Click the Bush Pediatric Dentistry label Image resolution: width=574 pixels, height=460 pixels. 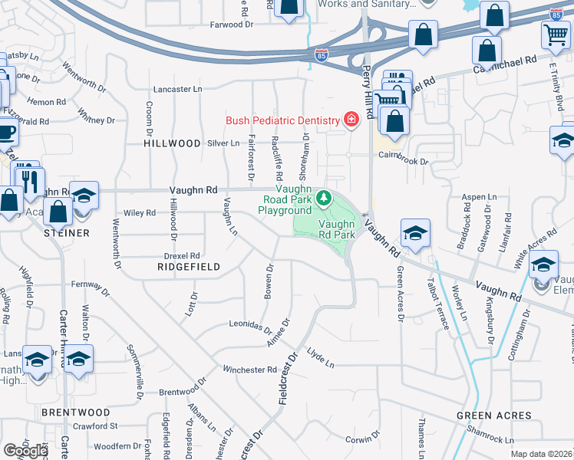(282, 120)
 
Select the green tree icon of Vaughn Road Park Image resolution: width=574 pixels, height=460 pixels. (324, 199)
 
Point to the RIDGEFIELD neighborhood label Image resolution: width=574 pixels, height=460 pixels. (188, 267)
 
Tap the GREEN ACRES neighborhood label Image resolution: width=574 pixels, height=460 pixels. (494, 416)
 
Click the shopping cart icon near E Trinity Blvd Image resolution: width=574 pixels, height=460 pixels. (555, 34)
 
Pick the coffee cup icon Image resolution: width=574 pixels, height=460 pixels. (6, 131)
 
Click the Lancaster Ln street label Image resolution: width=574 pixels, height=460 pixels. (177, 89)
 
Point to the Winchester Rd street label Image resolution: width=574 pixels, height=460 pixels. (249, 370)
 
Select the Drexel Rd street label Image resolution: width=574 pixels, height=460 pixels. (182, 255)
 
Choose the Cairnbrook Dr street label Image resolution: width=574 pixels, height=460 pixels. (401, 154)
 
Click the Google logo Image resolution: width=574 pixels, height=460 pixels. (25, 450)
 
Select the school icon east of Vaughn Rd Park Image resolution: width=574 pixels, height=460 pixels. (415, 233)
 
